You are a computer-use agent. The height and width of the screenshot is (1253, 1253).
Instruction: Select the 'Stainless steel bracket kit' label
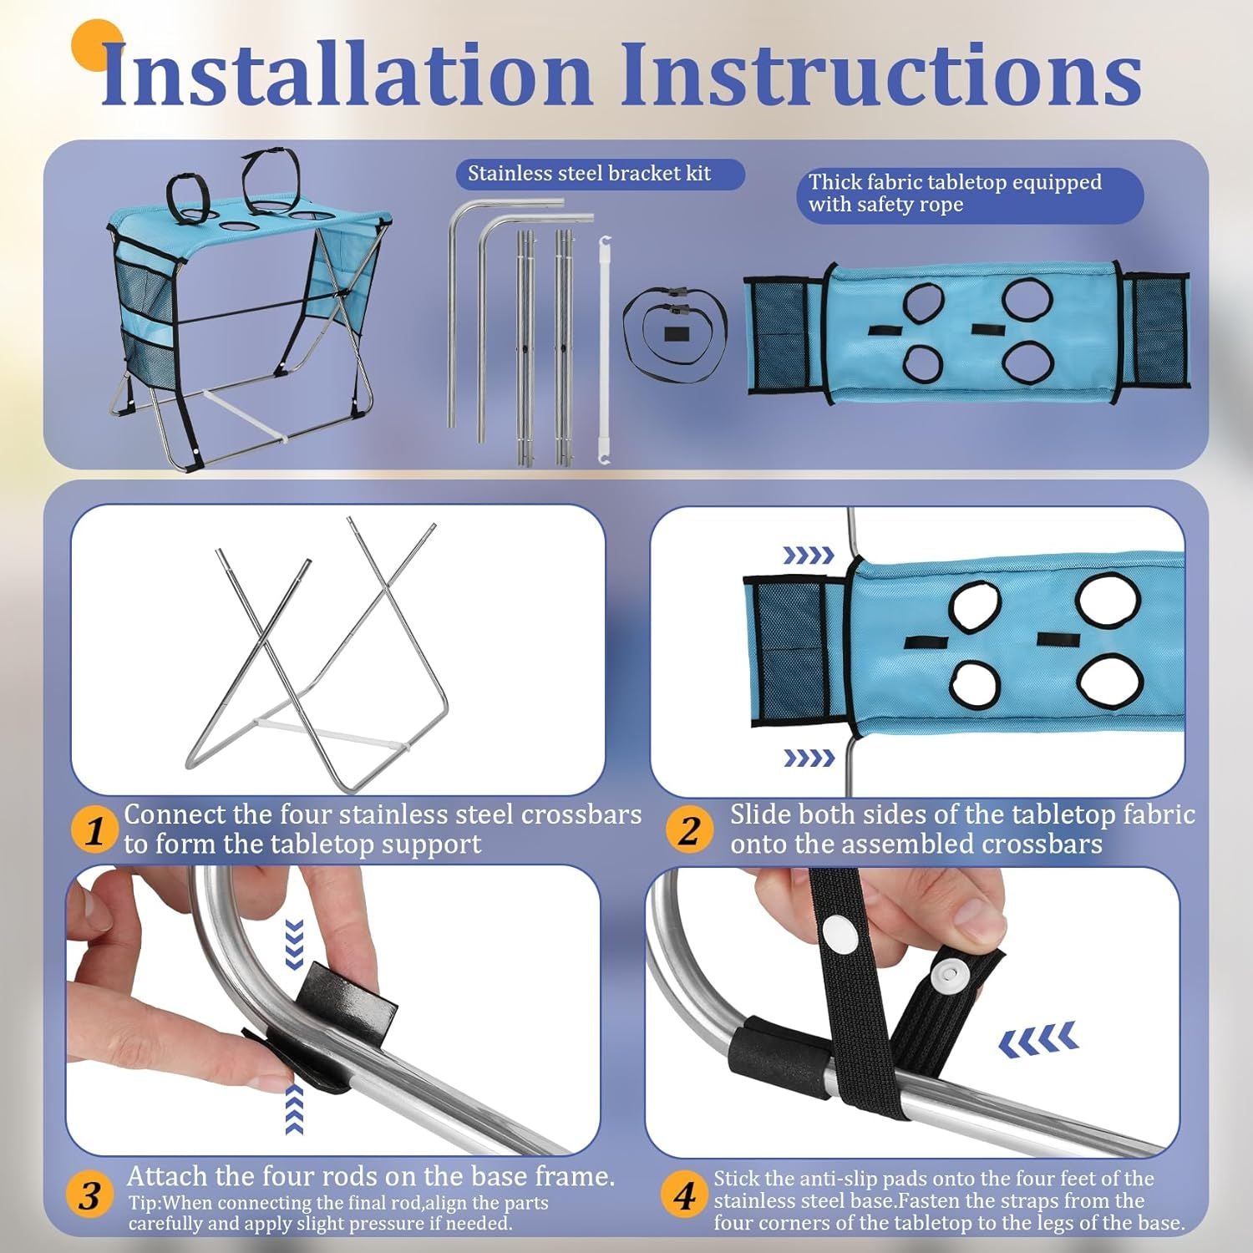[x=589, y=174]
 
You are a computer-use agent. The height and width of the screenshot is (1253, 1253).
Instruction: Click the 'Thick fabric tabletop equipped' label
[x=955, y=182]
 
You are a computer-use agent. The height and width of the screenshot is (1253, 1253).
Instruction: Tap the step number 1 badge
[x=94, y=829]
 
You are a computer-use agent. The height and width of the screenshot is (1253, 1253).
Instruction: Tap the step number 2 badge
[x=689, y=829]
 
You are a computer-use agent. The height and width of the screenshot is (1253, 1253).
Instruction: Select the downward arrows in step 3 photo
[x=293, y=944]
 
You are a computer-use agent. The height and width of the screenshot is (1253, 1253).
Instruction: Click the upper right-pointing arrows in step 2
[x=808, y=555]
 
